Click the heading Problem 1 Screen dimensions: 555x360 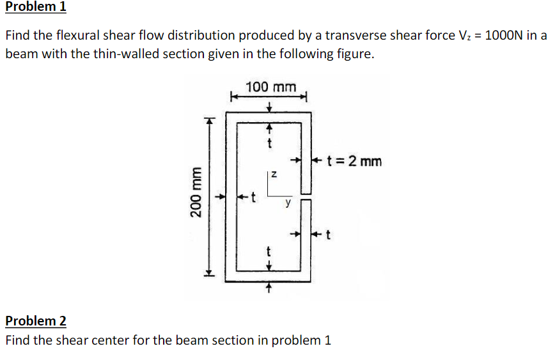tap(35, 8)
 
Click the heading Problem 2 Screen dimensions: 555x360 tap(35, 321)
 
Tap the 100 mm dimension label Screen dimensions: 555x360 tap(271, 87)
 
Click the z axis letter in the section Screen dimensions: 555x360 tap(273, 173)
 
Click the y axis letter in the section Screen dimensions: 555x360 tap(288, 204)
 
